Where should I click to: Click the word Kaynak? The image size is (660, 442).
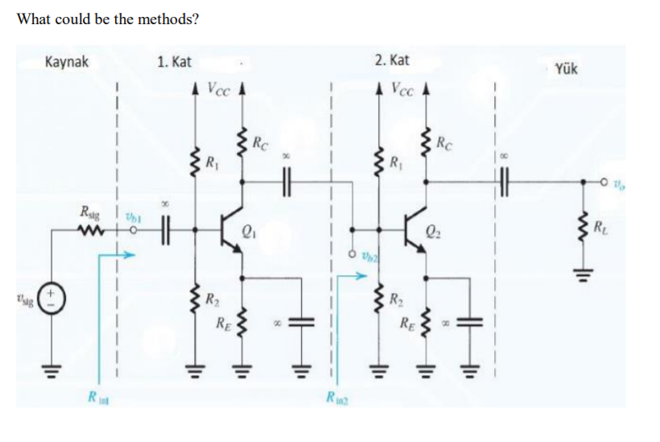(67, 61)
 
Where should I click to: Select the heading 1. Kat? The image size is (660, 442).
(174, 61)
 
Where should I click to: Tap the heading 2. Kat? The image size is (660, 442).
(392, 61)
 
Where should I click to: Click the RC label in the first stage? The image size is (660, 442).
(260, 146)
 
